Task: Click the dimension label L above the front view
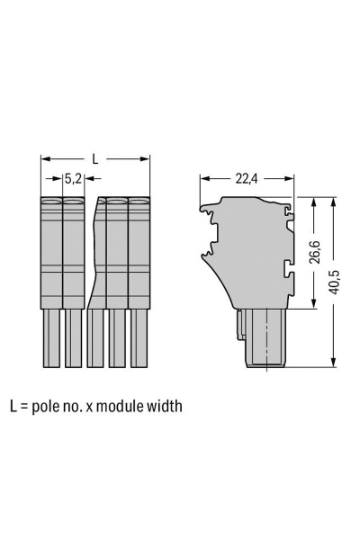pyautogui.click(x=95, y=158)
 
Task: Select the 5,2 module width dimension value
pyautogui.click(x=73, y=178)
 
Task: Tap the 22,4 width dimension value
pyautogui.click(x=247, y=178)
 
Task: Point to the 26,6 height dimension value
pyautogui.click(x=314, y=252)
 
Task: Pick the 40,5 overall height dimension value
pyautogui.click(x=334, y=282)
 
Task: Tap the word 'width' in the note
pyautogui.click(x=165, y=406)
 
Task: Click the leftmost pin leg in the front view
pyautogui.click(x=51, y=337)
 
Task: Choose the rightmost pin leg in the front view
pyautogui.click(x=139, y=337)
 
